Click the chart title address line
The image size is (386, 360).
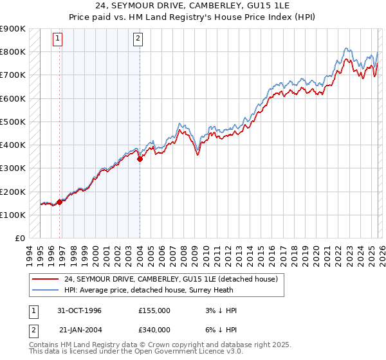[193, 6]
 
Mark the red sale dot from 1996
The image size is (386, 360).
[60, 202]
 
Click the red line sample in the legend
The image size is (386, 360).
[47, 279]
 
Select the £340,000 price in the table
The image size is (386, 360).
[154, 330]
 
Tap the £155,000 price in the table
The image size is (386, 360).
[154, 310]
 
